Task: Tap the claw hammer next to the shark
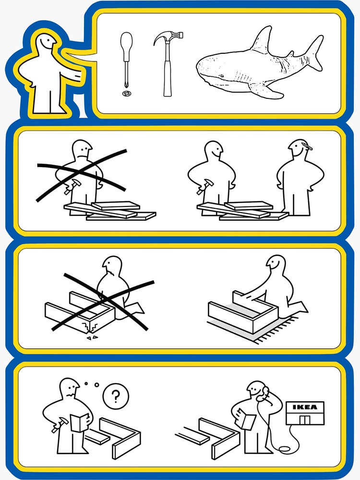click(x=168, y=64)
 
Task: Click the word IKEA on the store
click(x=305, y=407)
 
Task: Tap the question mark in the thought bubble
click(x=115, y=396)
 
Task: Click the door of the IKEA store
click(x=305, y=420)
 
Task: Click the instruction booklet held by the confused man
click(x=80, y=422)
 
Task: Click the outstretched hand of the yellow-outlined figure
click(x=76, y=75)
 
